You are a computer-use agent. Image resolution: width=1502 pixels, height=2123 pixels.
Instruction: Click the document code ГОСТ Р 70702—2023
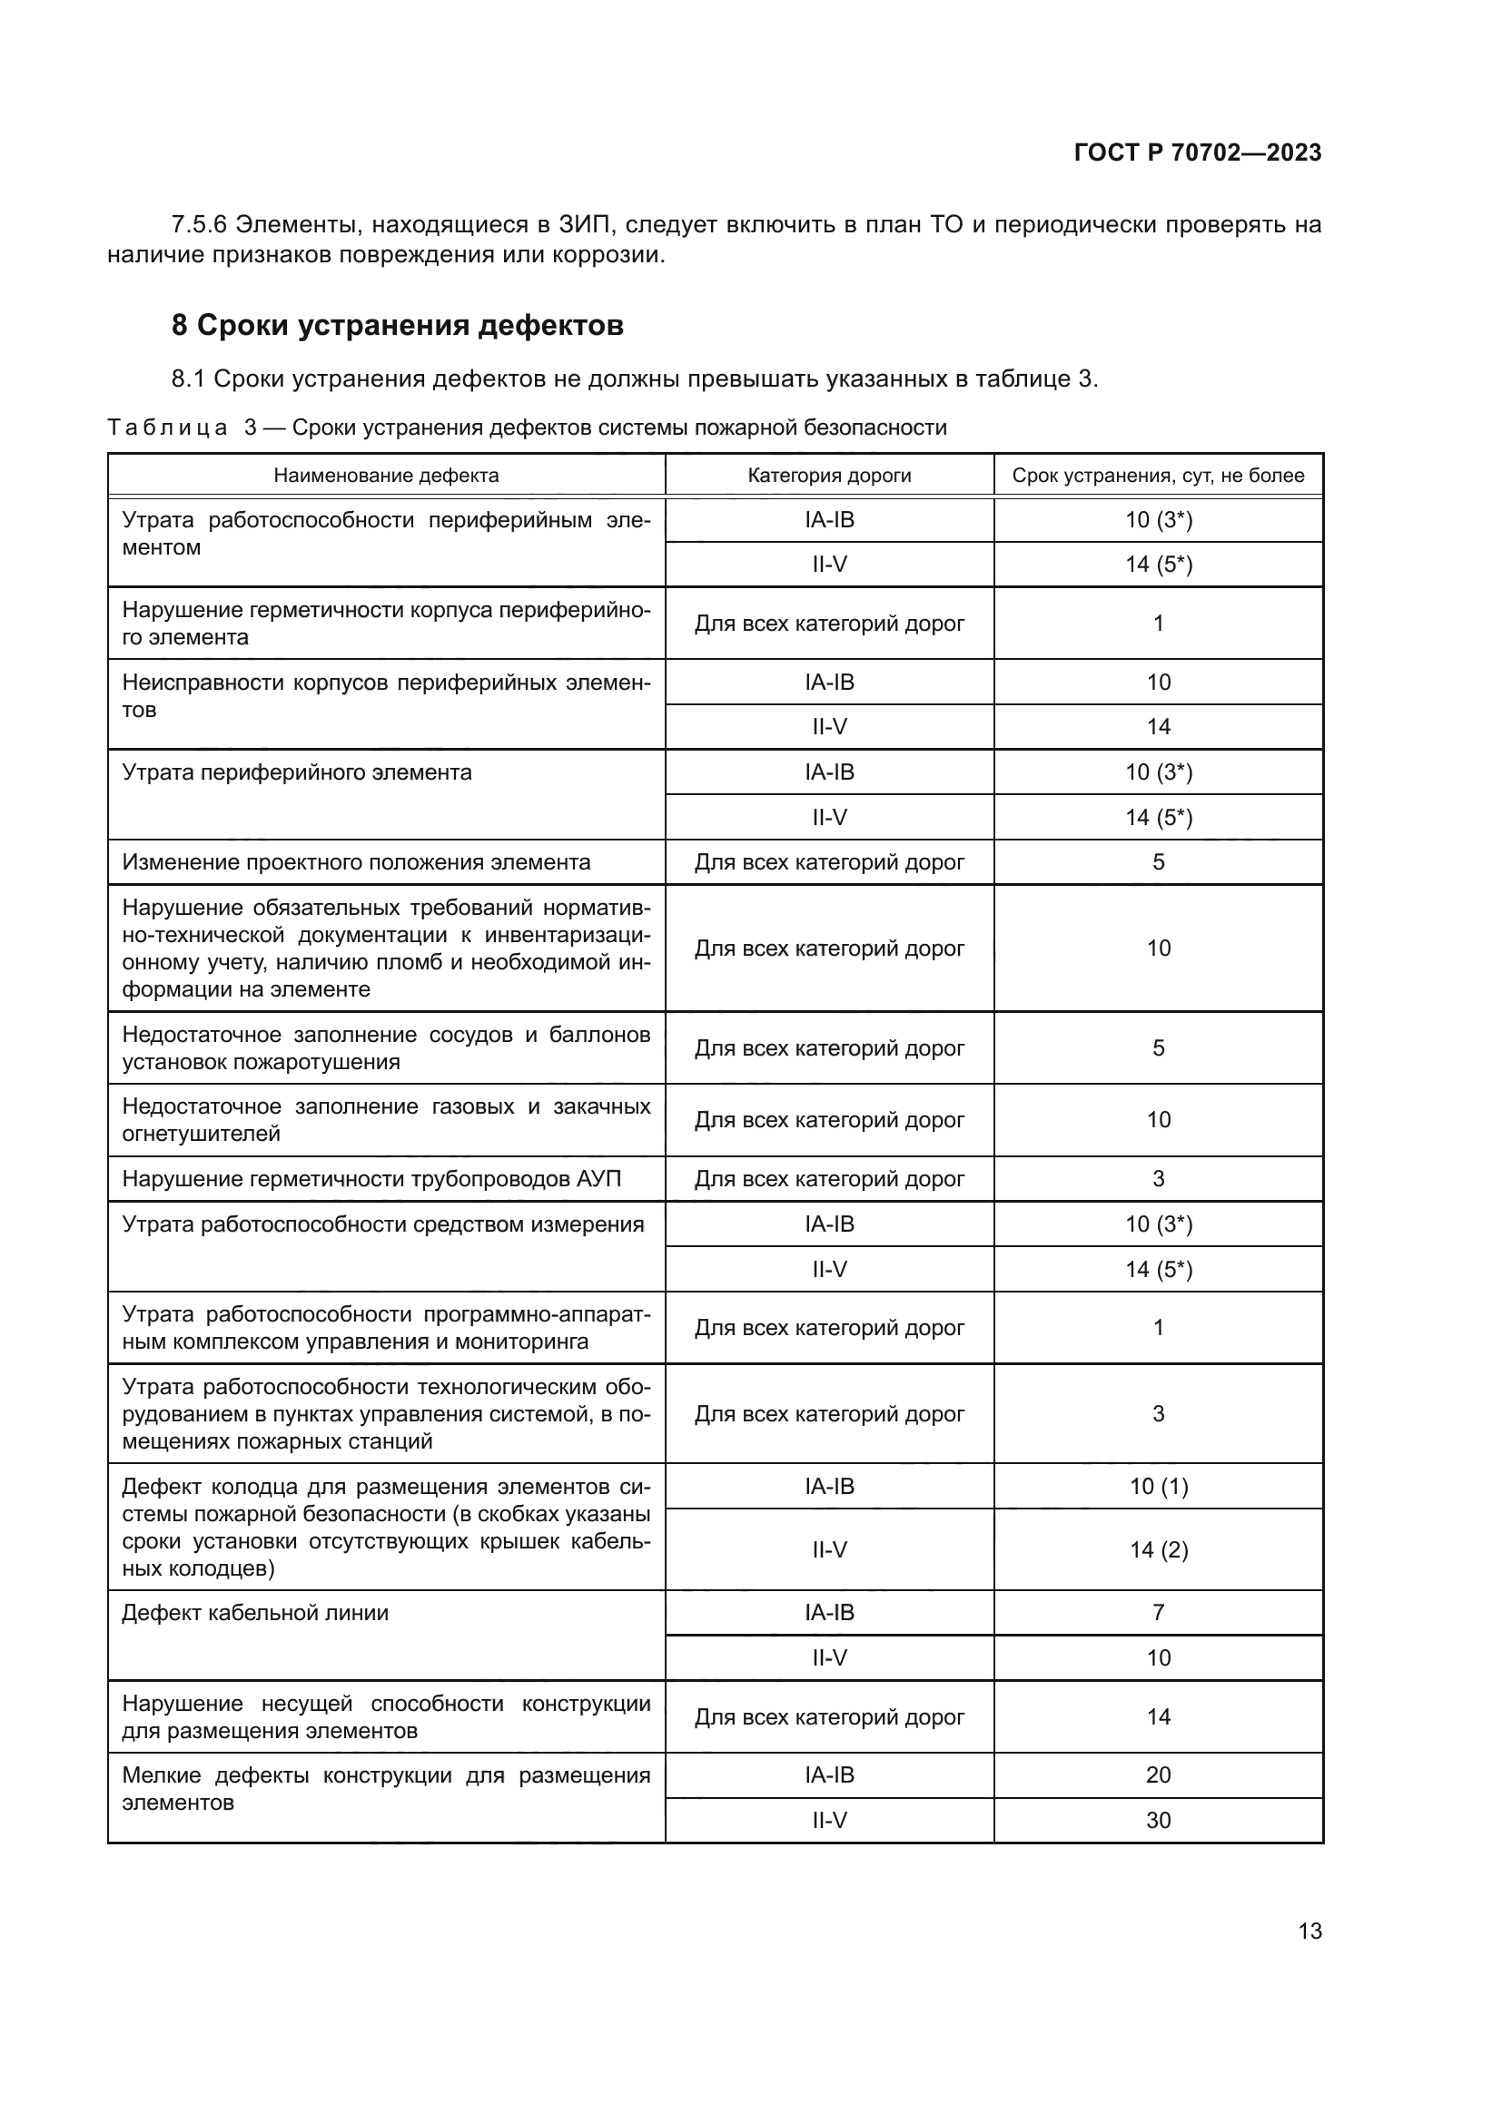1197,152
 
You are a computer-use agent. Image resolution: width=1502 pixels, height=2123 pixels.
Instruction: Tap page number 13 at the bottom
1309,1931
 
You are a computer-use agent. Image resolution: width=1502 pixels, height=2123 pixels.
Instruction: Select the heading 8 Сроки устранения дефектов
398,326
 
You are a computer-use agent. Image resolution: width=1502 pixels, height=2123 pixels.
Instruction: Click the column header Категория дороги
829,476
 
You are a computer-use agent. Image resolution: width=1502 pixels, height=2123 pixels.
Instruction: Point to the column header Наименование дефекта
386,476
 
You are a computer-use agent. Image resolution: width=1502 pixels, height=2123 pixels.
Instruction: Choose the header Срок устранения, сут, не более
1158,476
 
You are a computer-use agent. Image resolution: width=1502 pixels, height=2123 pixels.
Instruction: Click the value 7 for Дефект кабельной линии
1158,1613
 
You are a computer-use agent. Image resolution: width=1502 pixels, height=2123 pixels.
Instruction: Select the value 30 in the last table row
1158,1820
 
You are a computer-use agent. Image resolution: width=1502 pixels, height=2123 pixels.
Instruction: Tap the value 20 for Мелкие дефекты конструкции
1158,1774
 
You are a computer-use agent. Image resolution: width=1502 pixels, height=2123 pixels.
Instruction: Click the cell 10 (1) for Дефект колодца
1158,1486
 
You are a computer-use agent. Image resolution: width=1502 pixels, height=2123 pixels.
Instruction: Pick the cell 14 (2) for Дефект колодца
1158,1549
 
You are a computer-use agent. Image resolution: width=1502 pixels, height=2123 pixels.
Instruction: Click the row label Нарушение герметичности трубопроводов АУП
371,1179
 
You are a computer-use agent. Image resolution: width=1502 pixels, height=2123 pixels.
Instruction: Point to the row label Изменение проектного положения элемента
356,862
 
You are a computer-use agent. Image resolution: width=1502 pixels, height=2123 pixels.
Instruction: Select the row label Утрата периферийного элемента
297,773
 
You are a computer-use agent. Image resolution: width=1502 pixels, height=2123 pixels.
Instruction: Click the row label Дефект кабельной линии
255,1614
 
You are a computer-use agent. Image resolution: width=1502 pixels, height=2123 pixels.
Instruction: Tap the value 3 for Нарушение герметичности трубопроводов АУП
1158,1179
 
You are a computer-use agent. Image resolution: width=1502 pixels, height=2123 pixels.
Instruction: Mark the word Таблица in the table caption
167,428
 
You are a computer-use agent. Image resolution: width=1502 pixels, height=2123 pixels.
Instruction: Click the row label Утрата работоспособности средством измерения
383,1224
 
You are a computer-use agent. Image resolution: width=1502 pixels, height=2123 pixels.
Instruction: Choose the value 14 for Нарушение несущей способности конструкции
1158,1717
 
